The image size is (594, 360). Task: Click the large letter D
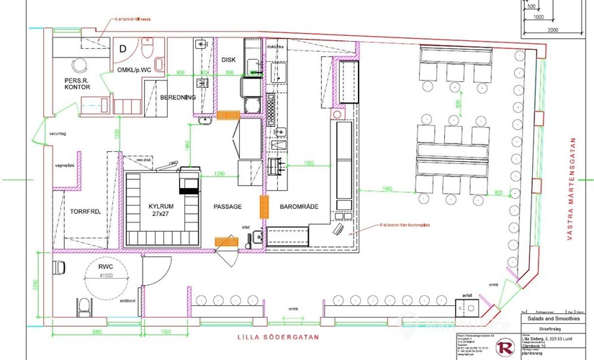point(122,49)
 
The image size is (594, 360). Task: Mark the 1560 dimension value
point(388,189)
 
